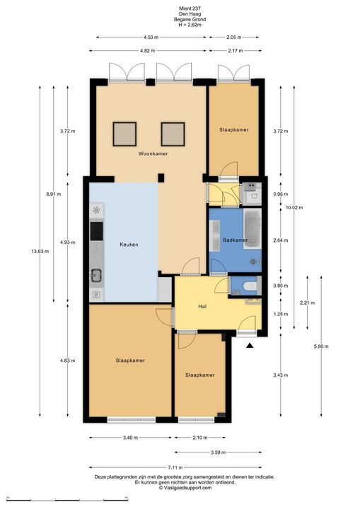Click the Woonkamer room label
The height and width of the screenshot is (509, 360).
(x=153, y=153)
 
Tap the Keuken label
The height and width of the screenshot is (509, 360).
(x=129, y=245)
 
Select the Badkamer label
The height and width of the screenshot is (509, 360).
(x=236, y=240)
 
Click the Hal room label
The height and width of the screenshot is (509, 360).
(x=202, y=306)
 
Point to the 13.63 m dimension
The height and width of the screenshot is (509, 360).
(x=40, y=251)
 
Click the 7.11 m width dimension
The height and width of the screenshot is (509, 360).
(x=175, y=467)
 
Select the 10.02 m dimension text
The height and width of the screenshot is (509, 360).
(x=294, y=207)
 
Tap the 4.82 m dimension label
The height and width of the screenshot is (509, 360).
(x=148, y=51)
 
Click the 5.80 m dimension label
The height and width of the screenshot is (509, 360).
(x=321, y=346)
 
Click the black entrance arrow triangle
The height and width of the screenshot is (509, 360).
(x=250, y=346)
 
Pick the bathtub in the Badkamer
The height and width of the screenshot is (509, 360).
(x=252, y=229)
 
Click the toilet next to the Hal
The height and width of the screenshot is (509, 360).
(x=250, y=286)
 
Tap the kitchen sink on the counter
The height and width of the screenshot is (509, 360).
(x=96, y=275)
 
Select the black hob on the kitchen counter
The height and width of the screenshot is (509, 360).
(x=96, y=231)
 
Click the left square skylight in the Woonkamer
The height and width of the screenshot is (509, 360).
(x=124, y=134)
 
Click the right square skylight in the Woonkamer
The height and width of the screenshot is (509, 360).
(x=173, y=134)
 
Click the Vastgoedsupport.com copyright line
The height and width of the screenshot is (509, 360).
(x=185, y=488)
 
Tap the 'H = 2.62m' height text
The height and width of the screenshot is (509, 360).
(x=190, y=24)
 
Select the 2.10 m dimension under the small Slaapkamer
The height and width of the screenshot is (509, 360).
(x=200, y=438)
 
